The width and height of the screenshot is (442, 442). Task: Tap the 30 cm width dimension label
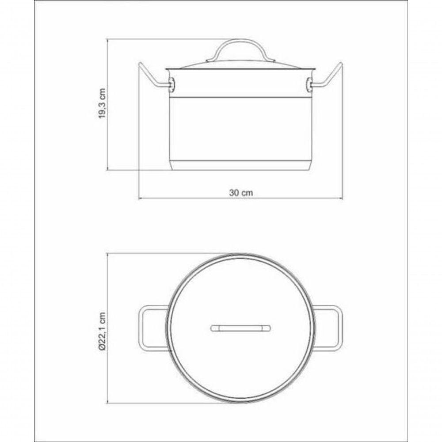pyautogui.click(x=241, y=193)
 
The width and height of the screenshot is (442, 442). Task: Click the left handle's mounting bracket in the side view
pyautogui.click(x=171, y=83)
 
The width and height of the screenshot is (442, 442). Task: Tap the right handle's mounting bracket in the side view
pyautogui.click(x=310, y=83)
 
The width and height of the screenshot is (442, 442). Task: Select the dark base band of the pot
pyautogui.click(x=241, y=165)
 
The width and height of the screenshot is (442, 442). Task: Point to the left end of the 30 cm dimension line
pyautogui.click(x=139, y=198)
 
